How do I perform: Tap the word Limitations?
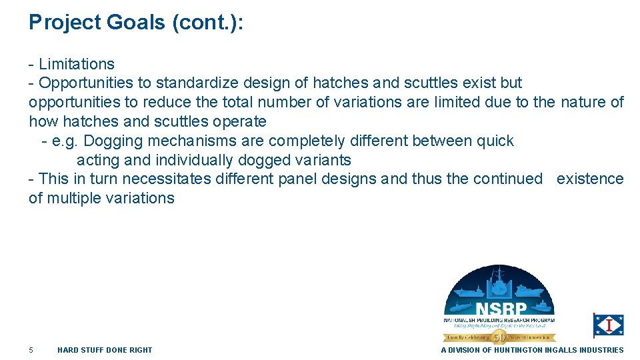point(77,64)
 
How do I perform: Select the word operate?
point(241,121)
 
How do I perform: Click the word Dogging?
point(111,141)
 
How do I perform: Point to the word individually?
point(193,160)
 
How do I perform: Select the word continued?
point(508,179)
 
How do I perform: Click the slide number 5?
point(31,350)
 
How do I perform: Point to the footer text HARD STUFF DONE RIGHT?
point(105,350)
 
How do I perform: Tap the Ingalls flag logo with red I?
point(608,325)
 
